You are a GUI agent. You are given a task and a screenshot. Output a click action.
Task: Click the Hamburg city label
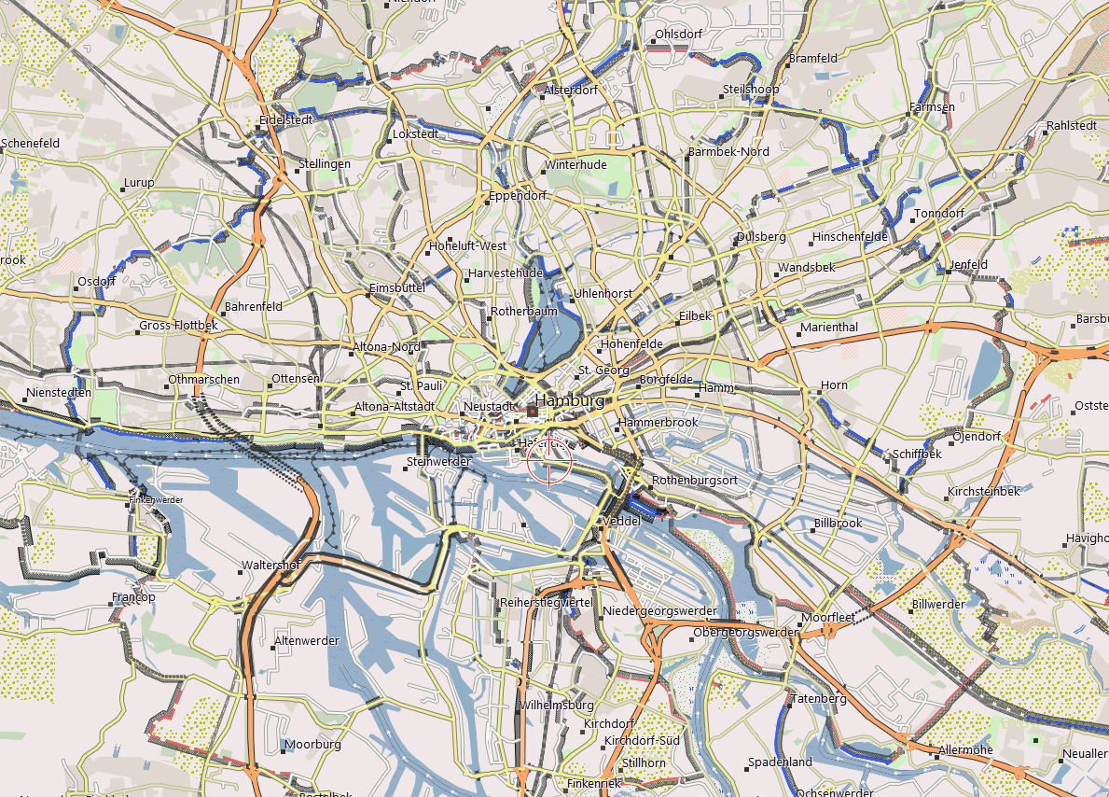[x=569, y=400]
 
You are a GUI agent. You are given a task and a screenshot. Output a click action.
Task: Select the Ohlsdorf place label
[x=678, y=35]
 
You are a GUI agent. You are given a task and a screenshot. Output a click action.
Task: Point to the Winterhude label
[x=575, y=165]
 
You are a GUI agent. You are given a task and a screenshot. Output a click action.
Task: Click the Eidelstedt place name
[x=286, y=120]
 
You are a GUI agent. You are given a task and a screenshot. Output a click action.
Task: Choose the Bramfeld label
[x=812, y=58]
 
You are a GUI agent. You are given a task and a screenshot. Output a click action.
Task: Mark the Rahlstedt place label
[x=1071, y=125]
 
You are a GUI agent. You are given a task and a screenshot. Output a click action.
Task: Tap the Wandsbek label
[x=806, y=268]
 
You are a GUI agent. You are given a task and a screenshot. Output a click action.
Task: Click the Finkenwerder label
[x=157, y=500]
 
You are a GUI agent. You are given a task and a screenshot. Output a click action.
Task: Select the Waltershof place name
[x=270, y=566]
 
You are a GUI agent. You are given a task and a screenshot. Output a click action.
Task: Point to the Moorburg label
[x=312, y=745]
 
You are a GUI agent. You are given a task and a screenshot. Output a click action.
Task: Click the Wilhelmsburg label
[x=558, y=705]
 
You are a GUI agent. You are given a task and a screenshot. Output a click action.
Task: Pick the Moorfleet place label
[x=828, y=618]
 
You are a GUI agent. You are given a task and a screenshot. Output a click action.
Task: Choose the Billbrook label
[x=838, y=524]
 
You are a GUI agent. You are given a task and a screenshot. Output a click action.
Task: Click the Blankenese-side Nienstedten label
[x=60, y=393]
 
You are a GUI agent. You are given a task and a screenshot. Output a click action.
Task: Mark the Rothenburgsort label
[x=695, y=480]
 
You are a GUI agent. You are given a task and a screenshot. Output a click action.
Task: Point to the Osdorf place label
[x=97, y=281]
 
